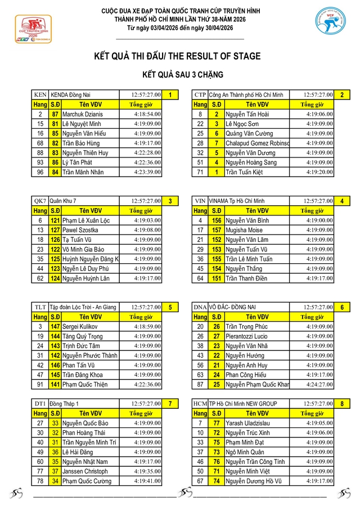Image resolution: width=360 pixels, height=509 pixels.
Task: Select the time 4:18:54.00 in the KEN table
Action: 147,114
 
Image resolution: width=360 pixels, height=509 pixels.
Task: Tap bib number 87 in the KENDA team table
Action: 55,114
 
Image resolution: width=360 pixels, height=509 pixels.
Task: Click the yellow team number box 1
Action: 170,94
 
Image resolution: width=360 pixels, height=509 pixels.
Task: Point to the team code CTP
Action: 200,94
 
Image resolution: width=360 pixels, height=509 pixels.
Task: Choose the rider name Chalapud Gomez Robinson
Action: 257,143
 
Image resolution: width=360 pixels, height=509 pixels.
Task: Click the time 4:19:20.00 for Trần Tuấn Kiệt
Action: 319,172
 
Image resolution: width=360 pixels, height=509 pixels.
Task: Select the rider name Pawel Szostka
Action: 80,230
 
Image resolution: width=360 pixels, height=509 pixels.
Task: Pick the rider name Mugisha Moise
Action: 244,230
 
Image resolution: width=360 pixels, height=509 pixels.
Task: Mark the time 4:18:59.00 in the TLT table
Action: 147,327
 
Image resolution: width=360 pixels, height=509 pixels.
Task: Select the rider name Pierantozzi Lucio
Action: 250,336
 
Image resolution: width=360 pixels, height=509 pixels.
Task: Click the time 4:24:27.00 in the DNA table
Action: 319,385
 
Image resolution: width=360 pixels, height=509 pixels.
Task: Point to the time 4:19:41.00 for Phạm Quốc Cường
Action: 147,481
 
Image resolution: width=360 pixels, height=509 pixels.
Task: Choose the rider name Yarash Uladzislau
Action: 249,423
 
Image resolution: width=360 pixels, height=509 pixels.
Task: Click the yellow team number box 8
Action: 341,404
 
